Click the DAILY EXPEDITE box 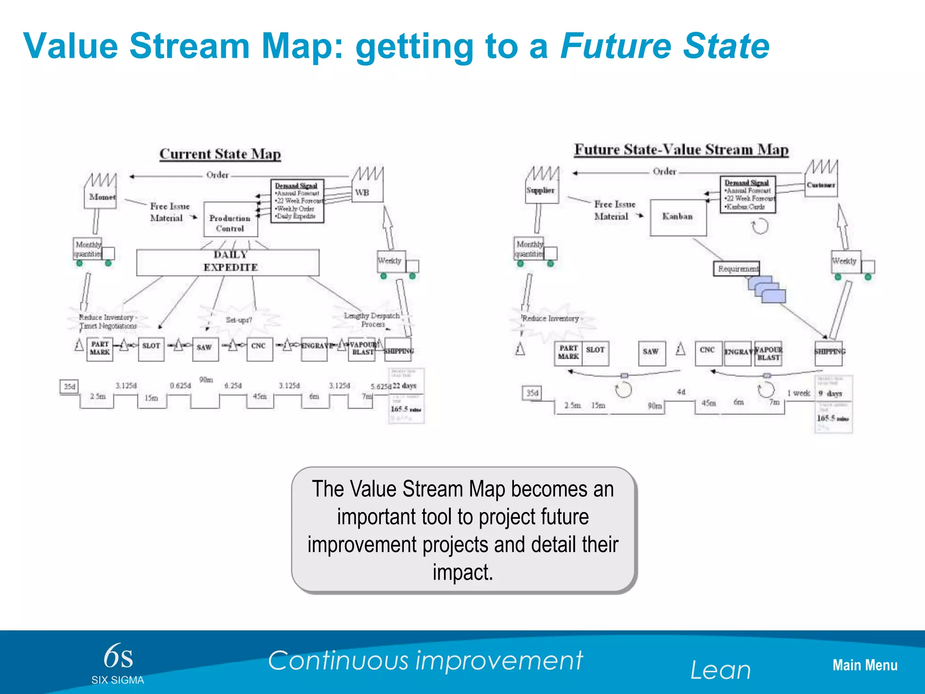[x=228, y=262]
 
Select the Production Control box [x=230, y=220]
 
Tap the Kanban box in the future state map [x=678, y=217]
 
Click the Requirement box [x=737, y=269]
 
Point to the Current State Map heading [x=220, y=154]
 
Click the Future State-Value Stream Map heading [x=681, y=150]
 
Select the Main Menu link [x=864, y=665]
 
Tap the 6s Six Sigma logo [x=118, y=662]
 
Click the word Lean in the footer [x=720, y=670]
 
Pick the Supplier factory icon [x=542, y=185]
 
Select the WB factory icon [x=367, y=185]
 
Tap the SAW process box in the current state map [x=205, y=348]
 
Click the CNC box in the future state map [x=708, y=352]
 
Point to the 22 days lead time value [x=404, y=385]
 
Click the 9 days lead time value [x=831, y=394]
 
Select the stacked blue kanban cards [x=767, y=289]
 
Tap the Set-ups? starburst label [x=239, y=320]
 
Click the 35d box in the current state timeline [x=69, y=387]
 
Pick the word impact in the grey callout [x=462, y=572]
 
